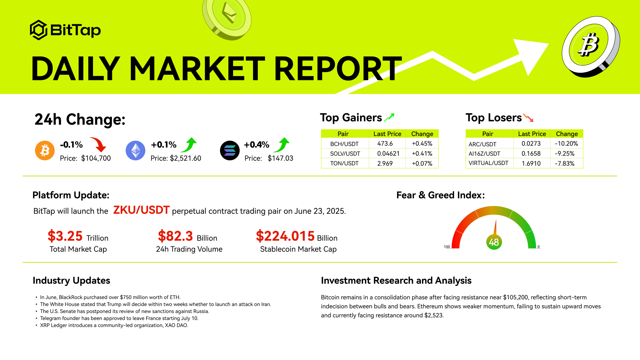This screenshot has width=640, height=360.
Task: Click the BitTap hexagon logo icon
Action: [x=39, y=30]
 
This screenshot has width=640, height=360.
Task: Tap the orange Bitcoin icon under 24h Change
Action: [x=45, y=150]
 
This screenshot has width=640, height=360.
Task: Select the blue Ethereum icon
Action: [x=135, y=150]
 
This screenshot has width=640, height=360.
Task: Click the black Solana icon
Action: [x=230, y=150]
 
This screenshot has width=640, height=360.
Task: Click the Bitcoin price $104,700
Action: [x=96, y=158]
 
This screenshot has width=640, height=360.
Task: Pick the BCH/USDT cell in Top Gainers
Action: [x=344, y=144]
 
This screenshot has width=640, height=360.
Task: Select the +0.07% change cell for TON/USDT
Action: [x=422, y=164]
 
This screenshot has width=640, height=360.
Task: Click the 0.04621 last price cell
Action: [x=388, y=154]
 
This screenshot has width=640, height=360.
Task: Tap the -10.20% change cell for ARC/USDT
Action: [x=566, y=144]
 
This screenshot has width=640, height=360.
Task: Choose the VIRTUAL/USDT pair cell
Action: [x=488, y=163]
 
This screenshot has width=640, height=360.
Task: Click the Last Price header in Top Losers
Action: [x=532, y=134]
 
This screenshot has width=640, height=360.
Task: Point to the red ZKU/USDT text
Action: [x=141, y=210]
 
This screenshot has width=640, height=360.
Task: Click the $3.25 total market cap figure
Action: [x=65, y=236]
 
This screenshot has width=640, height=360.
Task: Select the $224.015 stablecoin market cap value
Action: [x=285, y=236]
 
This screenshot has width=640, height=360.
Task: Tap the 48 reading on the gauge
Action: [x=494, y=242]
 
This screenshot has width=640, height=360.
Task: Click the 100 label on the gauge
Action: [x=447, y=247]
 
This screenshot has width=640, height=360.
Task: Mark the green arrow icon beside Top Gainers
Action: [x=389, y=117]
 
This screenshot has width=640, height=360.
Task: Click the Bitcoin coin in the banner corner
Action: [x=590, y=47]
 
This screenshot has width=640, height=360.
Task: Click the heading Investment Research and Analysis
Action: [x=396, y=281]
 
